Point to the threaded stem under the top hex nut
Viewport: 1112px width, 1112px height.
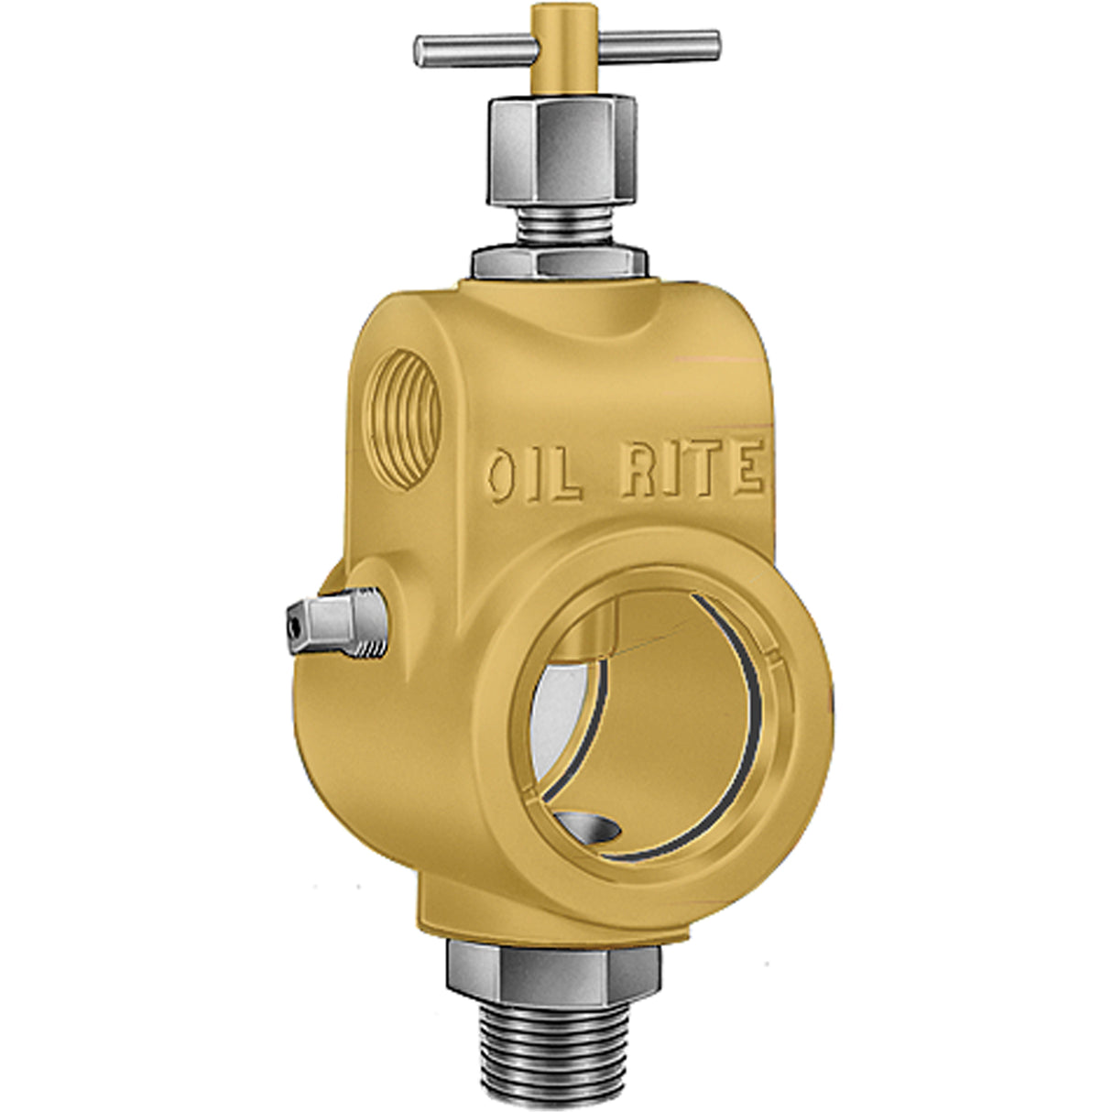(x=561, y=229)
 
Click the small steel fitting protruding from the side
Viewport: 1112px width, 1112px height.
(x=335, y=624)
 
